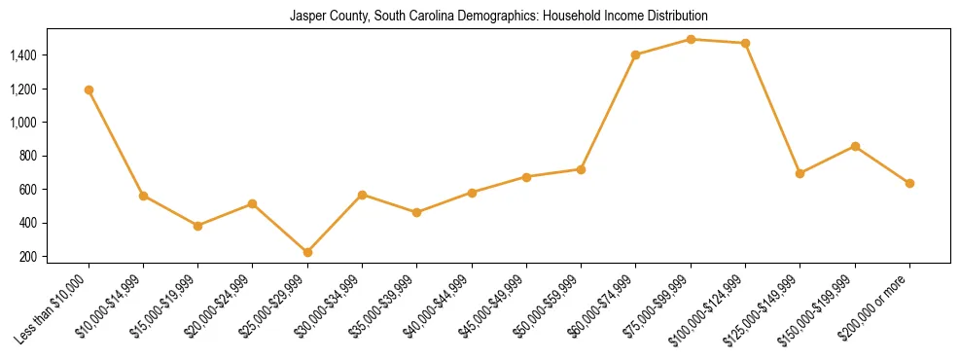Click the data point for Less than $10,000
[89, 90]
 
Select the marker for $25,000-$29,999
[307, 252]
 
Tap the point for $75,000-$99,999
[691, 39]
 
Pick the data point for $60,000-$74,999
[636, 54]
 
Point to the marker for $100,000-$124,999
[745, 43]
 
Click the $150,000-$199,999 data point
[855, 146]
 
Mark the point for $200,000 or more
[909, 183]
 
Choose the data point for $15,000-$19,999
[198, 226]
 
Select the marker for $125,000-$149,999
[800, 173]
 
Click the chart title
[498, 17]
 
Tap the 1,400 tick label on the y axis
[23, 55]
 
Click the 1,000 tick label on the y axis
[23, 123]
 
